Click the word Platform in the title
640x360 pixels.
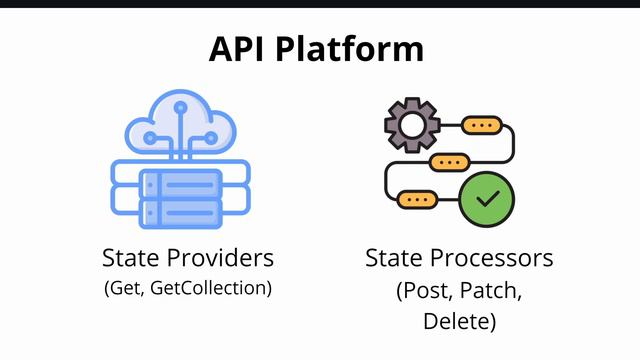tap(356, 49)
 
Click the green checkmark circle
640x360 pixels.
tap(487, 199)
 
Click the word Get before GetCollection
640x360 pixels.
tap(127, 288)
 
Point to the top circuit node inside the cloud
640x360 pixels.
tap(180, 105)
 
